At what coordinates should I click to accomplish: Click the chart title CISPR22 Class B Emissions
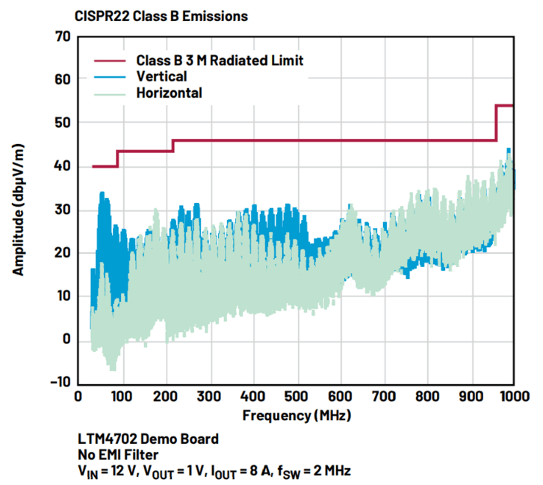coord(161,15)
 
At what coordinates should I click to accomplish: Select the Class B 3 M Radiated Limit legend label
coord(220,60)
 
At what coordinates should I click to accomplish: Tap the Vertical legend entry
coord(161,77)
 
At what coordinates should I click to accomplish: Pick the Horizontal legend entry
coord(170,93)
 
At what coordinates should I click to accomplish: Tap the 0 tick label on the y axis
coord(66,339)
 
